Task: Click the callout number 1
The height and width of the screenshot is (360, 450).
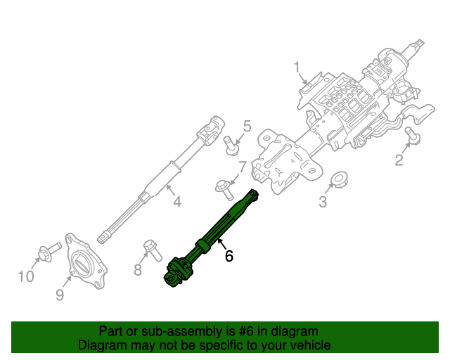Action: [x=297, y=67]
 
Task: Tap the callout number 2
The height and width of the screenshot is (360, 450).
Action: [x=399, y=160]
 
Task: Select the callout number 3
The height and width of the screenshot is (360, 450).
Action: [x=323, y=202]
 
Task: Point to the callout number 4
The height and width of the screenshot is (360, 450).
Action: [x=176, y=202]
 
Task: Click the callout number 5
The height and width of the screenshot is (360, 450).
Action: [x=247, y=126]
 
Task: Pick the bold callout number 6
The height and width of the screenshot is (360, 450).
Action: [x=229, y=257]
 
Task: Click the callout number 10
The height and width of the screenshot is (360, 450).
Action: [x=26, y=276]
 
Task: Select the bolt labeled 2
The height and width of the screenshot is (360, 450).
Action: [x=413, y=135]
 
